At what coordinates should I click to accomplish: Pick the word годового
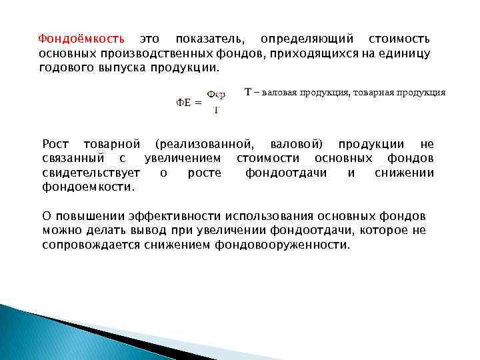(65, 68)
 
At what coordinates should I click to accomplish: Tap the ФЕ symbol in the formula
(185, 103)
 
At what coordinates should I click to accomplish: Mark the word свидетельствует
(91, 173)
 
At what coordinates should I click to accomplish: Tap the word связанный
(73, 159)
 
